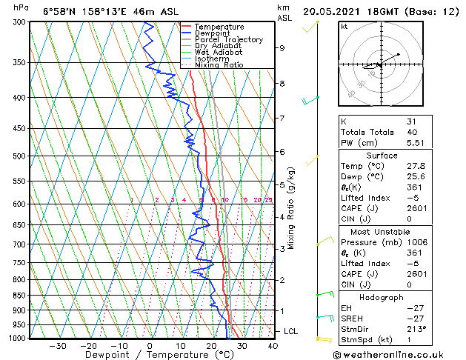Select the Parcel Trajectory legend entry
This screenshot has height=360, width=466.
point(220,40)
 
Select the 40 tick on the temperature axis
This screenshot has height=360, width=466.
point(272,345)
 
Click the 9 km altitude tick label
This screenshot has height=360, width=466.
point(282,48)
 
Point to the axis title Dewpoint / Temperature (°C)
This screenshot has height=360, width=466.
point(150,355)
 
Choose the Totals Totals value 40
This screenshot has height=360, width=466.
point(411,132)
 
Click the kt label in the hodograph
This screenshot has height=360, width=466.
point(344,27)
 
